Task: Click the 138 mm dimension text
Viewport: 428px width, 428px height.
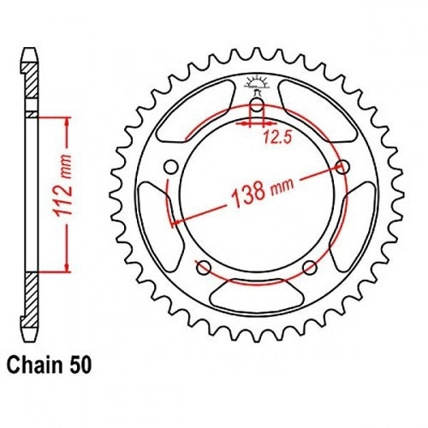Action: [x=263, y=191]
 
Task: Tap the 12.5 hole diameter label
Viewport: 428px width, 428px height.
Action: [x=277, y=137]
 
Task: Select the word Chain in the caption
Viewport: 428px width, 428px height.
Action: [x=34, y=366]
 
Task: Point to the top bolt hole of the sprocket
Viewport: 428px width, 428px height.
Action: [x=258, y=106]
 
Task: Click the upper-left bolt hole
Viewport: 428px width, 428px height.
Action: [x=171, y=167]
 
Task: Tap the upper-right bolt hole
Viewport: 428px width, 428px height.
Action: [x=343, y=167]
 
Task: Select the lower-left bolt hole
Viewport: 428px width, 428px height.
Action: [x=204, y=268]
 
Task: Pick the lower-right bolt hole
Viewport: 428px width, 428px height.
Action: [x=310, y=268]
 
